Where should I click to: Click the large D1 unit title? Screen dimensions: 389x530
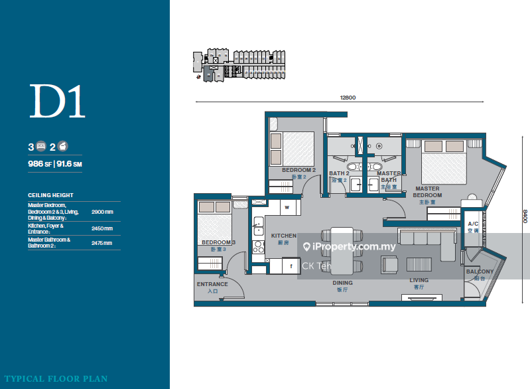click(58, 102)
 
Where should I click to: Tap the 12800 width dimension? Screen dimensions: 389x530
click(348, 98)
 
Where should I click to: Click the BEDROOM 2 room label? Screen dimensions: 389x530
click(298, 170)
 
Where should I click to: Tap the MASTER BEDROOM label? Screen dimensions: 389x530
click(427, 192)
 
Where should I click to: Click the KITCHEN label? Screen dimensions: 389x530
click(284, 236)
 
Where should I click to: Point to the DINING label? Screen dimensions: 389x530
click(343, 283)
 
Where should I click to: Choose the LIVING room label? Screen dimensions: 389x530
click(419, 280)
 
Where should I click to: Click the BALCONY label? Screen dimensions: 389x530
click(480, 272)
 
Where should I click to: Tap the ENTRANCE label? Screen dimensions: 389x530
click(212, 284)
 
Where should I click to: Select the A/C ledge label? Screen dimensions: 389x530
click(473, 224)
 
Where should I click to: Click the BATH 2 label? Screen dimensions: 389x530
click(338, 173)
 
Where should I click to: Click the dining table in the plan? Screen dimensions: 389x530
click(342, 250)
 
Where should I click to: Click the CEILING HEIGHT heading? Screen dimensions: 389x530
click(46, 195)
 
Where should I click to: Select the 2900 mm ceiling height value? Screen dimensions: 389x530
click(102, 211)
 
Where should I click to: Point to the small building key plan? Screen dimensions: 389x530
click(238, 65)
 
